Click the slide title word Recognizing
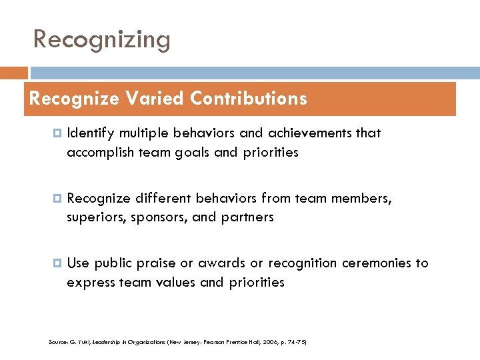point(102,40)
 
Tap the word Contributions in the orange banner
point(248,99)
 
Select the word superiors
point(94,217)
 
